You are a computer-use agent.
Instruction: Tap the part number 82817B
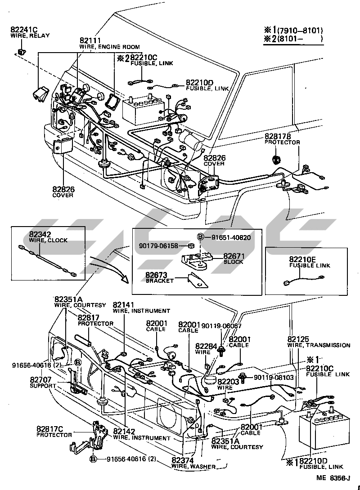[278, 136]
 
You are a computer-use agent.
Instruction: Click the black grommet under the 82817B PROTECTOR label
[277, 159]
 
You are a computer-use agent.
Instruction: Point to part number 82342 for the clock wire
[40, 234]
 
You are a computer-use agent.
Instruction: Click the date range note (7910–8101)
[300, 31]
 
